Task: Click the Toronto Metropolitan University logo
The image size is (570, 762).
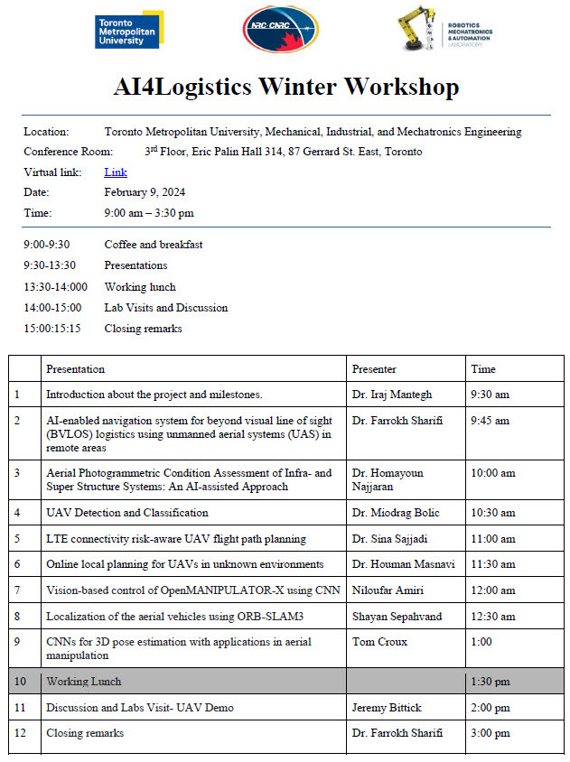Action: (128, 30)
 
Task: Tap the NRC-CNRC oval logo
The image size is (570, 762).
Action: (281, 30)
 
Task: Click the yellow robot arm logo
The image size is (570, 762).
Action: (418, 30)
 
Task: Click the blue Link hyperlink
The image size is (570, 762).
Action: (116, 172)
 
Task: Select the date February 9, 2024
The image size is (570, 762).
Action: (145, 192)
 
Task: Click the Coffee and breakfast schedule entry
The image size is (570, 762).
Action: (154, 245)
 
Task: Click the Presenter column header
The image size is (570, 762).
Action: (374, 369)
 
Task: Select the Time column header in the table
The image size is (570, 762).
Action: (483, 369)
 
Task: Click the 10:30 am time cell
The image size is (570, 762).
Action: (493, 513)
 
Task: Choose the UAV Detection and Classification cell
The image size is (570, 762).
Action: (127, 513)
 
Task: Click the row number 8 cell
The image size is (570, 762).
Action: (17, 617)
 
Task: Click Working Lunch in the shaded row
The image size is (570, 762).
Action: (84, 682)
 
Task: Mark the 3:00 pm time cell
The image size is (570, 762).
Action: (491, 733)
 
